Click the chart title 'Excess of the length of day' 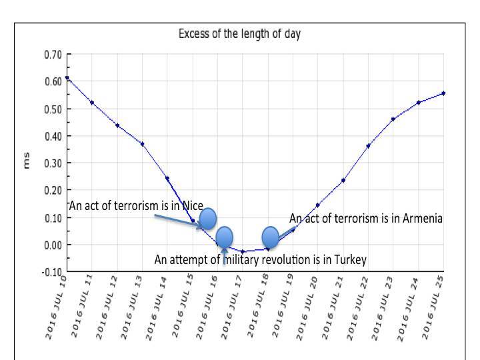[x=239, y=34]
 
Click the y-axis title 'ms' [x=26, y=163]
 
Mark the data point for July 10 [x=67, y=78]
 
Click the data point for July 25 [x=443, y=93]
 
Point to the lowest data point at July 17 [x=243, y=251]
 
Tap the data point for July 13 [x=142, y=144]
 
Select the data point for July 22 [x=368, y=145]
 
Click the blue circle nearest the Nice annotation [x=208, y=219]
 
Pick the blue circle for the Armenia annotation [x=270, y=237]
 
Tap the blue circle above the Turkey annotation [x=225, y=237]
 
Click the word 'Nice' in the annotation [x=192, y=207]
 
